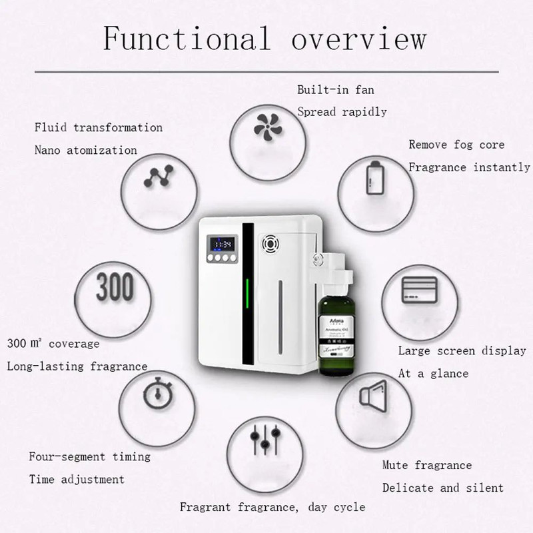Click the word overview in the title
pos(358,38)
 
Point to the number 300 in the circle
pos(114,287)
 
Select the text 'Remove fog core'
pos(456,145)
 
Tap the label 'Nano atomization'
pos(85,150)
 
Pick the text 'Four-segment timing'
pos(89,456)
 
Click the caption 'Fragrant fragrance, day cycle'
pos(272,507)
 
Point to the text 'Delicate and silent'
pos(442,488)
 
